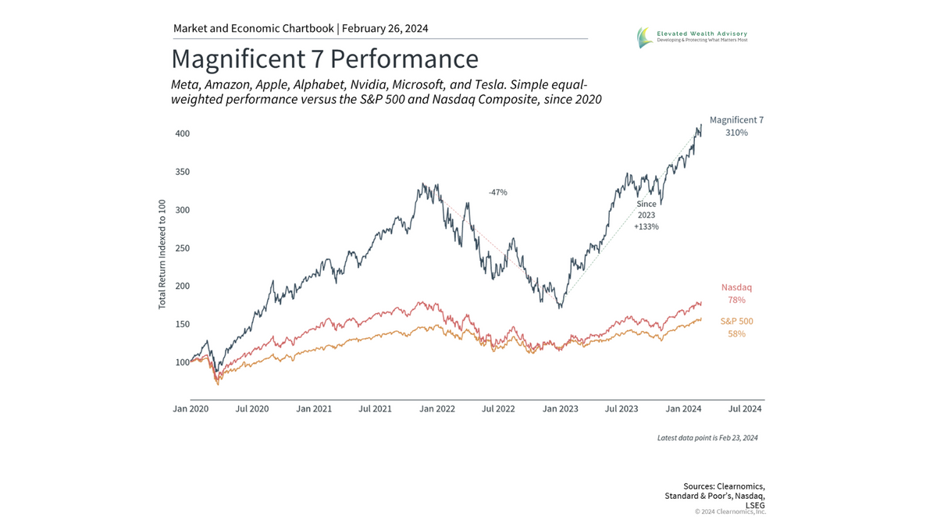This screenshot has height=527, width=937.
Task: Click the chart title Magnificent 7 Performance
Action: pyautogui.click(x=324, y=59)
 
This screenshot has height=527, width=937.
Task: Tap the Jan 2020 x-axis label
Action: pyautogui.click(x=191, y=408)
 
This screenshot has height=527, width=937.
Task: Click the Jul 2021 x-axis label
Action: pyautogui.click(x=375, y=408)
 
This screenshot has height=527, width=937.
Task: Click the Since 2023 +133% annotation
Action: pyautogui.click(x=647, y=215)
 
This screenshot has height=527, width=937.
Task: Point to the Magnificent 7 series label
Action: pyautogui.click(x=736, y=120)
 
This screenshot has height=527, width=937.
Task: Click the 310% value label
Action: pyautogui.click(x=736, y=134)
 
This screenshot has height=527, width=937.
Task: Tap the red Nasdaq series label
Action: pyautogui.click(x=736, y=287)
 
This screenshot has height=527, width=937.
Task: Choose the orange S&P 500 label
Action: pyautogui.click(x=736, y=321)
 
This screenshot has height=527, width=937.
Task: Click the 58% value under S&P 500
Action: pyautogui.click(x=736, y=334)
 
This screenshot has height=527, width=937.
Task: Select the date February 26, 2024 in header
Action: pyautogui.click(x=386, y=29)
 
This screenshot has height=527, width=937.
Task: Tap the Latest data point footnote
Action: pyautogui.click(x=707, y=438)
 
